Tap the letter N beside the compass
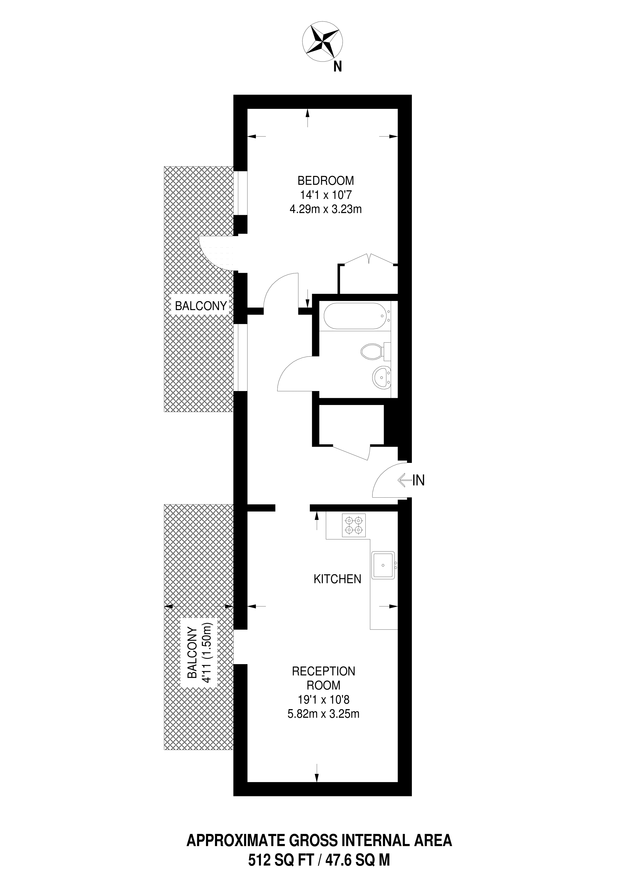(338, 67)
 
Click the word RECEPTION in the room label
(323, 672)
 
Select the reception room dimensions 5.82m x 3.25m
(323, 714)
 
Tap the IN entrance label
(418, 480)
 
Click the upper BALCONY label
(201, 306)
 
